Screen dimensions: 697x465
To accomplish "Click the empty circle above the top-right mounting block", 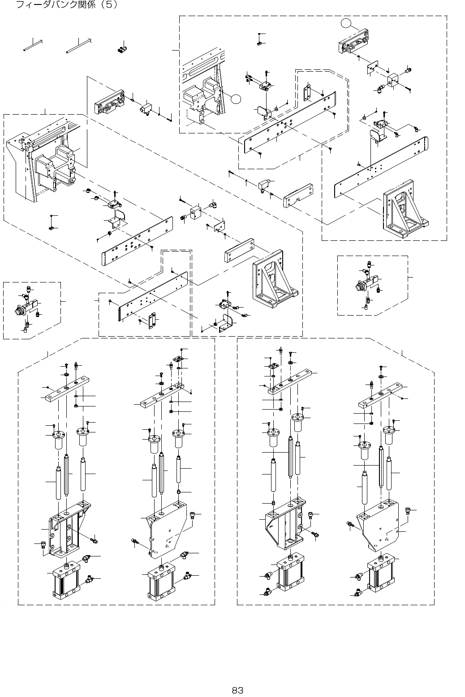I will (x=345, y=23).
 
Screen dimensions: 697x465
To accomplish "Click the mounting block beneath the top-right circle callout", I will (x=354, y=42).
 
